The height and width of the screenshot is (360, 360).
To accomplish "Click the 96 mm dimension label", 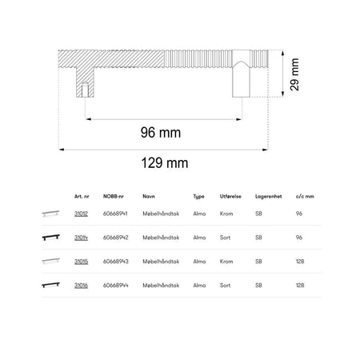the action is [x=161, y=133].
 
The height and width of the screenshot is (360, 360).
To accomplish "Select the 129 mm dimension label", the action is [x=165, y=162].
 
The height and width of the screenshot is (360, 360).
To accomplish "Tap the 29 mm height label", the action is [x=294, y=74].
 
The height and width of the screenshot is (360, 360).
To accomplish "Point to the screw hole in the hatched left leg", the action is [x=85, y=90].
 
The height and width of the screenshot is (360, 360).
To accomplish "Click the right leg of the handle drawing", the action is [x=241, y=79].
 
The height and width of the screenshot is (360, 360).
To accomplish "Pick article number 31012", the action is [x=81, y=214].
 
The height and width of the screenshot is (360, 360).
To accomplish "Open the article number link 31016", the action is [x=81, y=286].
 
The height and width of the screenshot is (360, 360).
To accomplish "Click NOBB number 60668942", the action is [x=116, y=238].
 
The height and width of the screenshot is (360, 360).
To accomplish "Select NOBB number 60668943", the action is [x=116, y=262].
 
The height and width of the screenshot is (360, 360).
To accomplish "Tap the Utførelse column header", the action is [x=230, y=197].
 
